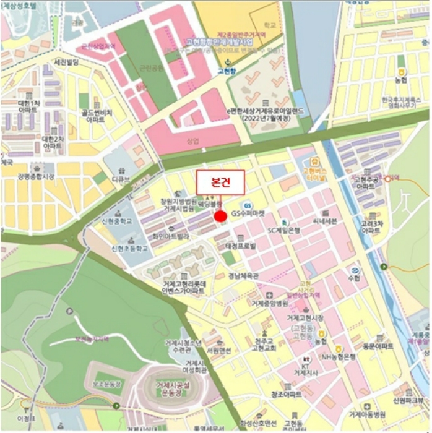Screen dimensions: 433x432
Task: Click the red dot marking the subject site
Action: (x=220, y=216)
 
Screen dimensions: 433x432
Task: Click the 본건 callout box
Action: (x=221, y=183)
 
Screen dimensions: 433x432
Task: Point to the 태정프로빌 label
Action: (x=240, y=246)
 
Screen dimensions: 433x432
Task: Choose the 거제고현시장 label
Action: (x=305, y=317)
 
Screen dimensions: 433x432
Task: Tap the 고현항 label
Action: (x=227, y=71)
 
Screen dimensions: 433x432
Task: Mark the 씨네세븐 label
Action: (x=324, y=221)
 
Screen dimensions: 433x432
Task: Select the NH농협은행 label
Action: (x=338, y=356)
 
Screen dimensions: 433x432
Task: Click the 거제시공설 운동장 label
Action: (x=173, y=388)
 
